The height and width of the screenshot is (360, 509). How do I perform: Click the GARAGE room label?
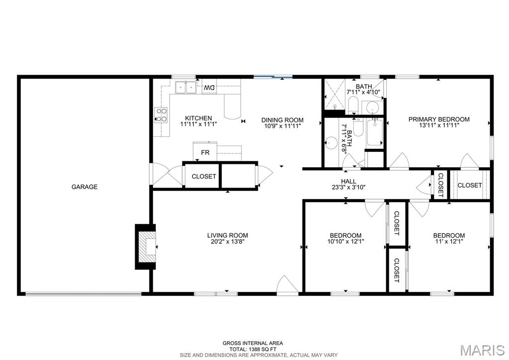(84, 187)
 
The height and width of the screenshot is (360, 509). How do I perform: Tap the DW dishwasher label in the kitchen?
(209, 88)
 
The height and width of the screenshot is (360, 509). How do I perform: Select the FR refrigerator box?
(205, 152)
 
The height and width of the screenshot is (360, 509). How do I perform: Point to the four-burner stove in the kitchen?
(161, 115)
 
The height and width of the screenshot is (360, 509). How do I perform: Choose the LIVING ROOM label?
(227, 236)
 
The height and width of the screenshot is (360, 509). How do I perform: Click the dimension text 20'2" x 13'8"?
(227, 242)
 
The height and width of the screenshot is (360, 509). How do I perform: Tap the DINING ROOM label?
(283, 120)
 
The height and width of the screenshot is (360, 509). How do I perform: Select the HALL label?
(348, 181)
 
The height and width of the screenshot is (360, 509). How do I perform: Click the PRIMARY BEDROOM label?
(439, 119)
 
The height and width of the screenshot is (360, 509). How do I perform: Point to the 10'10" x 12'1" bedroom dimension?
(345, 242)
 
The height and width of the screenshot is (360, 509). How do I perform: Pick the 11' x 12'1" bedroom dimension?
(449, 242)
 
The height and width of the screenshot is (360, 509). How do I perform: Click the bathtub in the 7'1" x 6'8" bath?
(374, 133)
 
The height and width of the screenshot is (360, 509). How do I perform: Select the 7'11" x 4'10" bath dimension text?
(363, 92)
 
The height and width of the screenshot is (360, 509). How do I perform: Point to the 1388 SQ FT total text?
(253, 349)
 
